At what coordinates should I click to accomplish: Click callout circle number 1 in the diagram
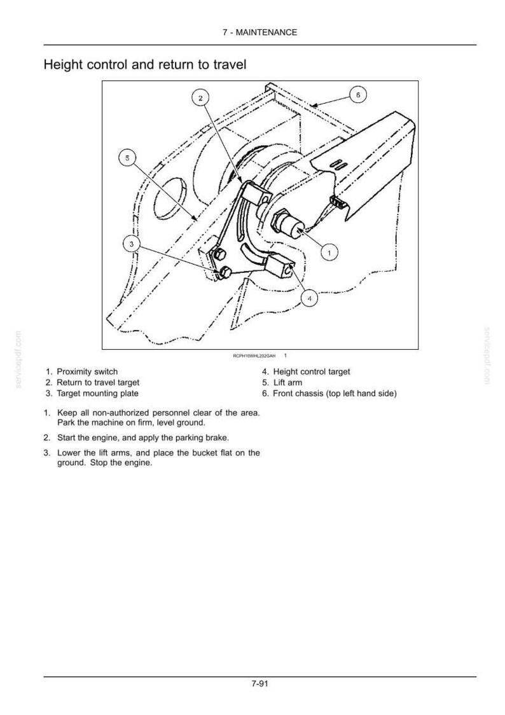(330, 252)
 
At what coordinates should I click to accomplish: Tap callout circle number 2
(200, 97)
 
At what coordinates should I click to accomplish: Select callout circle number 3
(132, 244)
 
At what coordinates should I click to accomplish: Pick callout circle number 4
(310, 299)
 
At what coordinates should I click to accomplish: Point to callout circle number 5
(127, 158)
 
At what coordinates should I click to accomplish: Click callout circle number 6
(358, 95)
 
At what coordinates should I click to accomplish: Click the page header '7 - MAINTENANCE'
(259, 32)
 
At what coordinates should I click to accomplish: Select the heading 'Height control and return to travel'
(145, 64)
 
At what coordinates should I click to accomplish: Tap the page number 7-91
(259, 684)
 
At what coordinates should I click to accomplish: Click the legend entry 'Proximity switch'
(87, 371)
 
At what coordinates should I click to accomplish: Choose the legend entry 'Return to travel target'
(98, 382)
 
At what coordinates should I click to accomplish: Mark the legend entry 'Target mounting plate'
(97, 394)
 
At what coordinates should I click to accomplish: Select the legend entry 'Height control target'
(312, 371)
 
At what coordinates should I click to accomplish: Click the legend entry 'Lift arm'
(287, 382)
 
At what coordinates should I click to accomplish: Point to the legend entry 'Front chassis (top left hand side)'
(335, 394)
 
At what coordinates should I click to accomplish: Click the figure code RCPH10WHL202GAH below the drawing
(254, 356)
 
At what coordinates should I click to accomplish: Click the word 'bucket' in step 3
(205, 453)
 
